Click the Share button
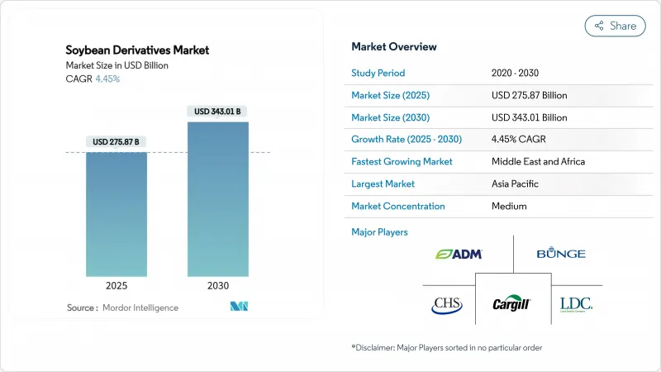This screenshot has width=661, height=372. click(615, 26)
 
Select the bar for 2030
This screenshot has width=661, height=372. click(218, 198)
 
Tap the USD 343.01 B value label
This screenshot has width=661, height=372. click(218, 112)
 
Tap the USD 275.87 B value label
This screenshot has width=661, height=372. click(117, 142)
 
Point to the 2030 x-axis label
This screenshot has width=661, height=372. click(218, 286)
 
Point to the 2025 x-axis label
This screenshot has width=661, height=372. click(117, 286)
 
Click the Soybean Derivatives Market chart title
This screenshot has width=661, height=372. click(137, 50)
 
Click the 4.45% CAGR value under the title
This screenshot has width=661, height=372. click(107, 79)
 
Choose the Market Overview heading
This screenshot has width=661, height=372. click(394, 47)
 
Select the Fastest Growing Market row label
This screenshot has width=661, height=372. click(402, 161)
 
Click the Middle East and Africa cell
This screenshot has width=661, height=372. click(538, 161)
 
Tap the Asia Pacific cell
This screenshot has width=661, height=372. click(517, 184)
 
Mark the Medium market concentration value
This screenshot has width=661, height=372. click(509, 206)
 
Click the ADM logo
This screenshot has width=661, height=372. click(459, 254)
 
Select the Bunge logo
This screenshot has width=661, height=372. click(560, 254)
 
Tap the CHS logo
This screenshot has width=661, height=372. click(447, 305)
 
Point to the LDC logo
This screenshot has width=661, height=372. click(575, 304)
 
